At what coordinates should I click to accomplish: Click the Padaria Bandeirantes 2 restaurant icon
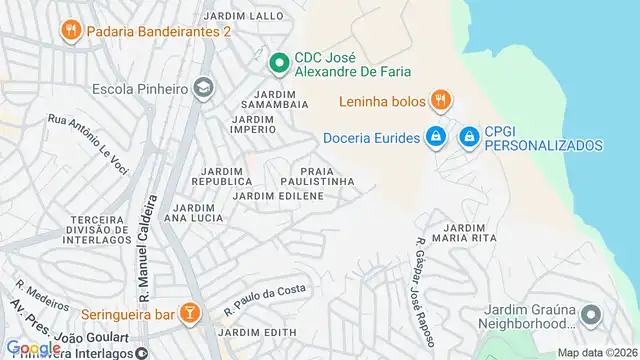click(69, 31)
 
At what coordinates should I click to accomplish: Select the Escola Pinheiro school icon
click(204, 89)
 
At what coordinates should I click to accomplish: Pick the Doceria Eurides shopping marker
click(435, 137)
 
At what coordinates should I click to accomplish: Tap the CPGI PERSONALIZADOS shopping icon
click(468, 137)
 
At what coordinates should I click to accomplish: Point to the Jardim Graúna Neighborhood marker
click(591, 316)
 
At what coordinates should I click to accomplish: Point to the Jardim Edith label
click(257, 332)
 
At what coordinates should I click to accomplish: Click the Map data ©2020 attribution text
click(596, 352)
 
